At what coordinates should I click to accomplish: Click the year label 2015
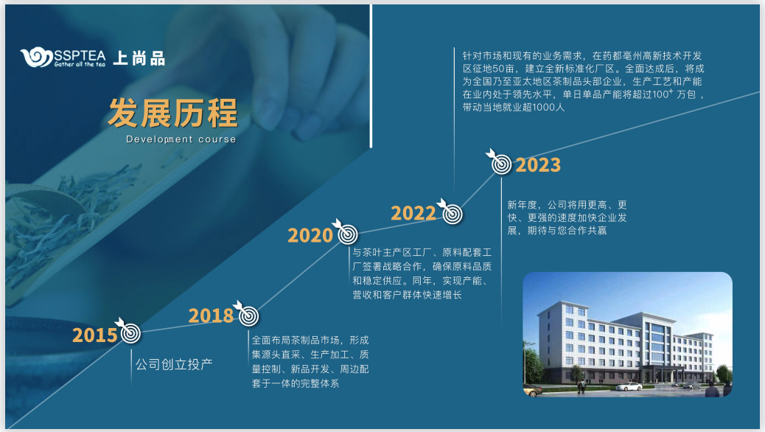(94, 335)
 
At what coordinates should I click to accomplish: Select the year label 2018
(211, 316)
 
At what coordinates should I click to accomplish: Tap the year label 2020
(310, 236)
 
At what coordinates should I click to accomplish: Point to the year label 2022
(413, 214)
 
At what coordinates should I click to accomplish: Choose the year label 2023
(538, 165)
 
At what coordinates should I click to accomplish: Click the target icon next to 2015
(130, 333)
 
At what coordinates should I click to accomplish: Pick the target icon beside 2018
(248, 315)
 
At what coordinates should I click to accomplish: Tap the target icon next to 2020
(348, 234)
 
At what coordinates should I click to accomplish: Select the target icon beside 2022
(452, 213)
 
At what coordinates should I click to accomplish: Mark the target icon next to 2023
(501, 164)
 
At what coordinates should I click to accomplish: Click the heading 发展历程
(173, 113)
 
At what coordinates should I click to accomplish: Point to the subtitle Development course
(181, 139)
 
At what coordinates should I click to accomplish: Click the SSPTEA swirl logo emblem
(36, 58)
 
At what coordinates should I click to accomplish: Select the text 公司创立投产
(174, 364)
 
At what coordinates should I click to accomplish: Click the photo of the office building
(627, 335)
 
